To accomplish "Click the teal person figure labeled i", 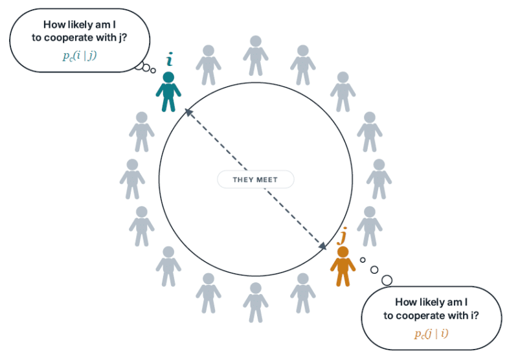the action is coord(168,92).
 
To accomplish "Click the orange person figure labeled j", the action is coord(343,266).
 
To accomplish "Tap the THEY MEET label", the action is coord(255,179).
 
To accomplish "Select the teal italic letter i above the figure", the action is coord(170,60).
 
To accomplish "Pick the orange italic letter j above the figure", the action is coord(344,235).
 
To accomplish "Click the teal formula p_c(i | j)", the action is coord(80,56).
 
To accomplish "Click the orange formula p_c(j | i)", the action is coord(431,334).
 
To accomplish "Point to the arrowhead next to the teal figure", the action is coord(188,112).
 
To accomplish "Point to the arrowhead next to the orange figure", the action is coord(322,246).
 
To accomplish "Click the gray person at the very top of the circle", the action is coord(256,56).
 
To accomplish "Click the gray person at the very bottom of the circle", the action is coord(256,302).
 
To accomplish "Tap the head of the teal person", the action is coord(168,77).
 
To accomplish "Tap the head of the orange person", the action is coord(343,252).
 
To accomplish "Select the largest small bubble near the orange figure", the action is coord(387,280).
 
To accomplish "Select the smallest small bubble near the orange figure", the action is coord(363,260).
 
